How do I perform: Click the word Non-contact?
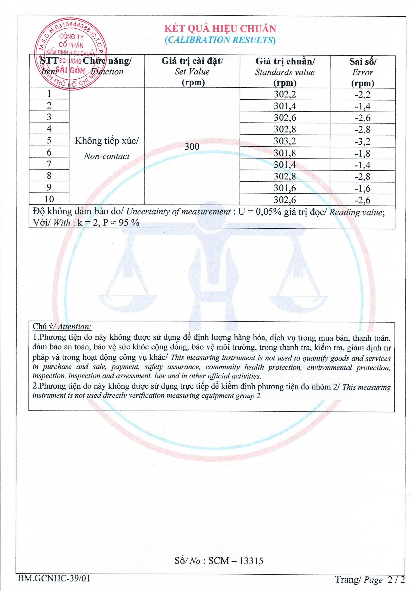coord(107,156)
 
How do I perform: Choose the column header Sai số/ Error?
coord(363,72)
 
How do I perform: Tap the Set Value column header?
coord(192,72)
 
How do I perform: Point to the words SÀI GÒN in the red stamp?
coord(70,70)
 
